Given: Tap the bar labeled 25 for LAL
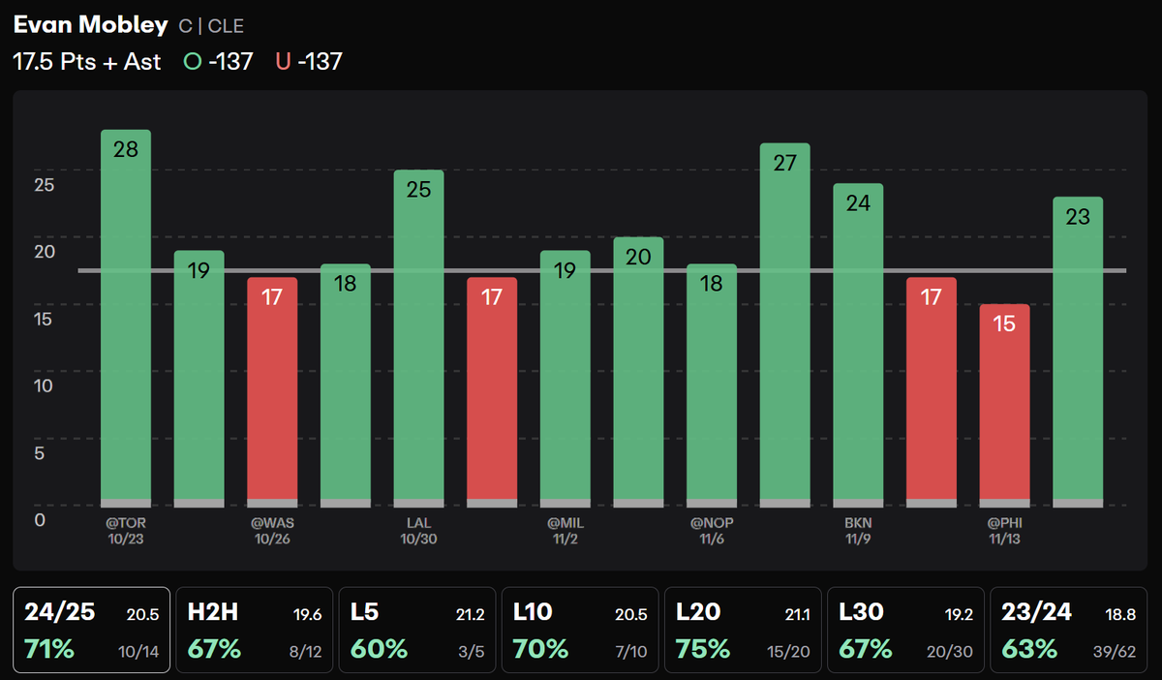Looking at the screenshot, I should click(x=418, y=338).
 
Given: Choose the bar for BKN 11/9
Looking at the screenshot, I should click(x=858, y=345).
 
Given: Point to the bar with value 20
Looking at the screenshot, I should click(x=638, y=372).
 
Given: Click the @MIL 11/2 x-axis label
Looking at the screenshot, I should click(x=566, y=531).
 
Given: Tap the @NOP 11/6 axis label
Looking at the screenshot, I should click(x=712, y=531).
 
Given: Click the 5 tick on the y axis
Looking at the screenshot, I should click(x=40, y=452).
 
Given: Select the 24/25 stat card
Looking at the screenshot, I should click(x=92, y=630).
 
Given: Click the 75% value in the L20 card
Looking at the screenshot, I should click(x=704, y=648).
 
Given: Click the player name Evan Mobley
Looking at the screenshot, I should click(x=89, y=25).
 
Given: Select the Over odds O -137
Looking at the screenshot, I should click(x=218, y=62).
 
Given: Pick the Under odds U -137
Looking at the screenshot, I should click(x=309, y=62).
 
